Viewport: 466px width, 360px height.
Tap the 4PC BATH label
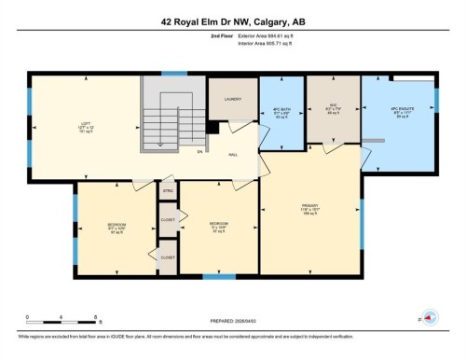282,109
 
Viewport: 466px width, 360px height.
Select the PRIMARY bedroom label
309,208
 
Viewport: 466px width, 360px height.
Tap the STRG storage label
169,191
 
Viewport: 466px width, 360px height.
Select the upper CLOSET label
168,220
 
